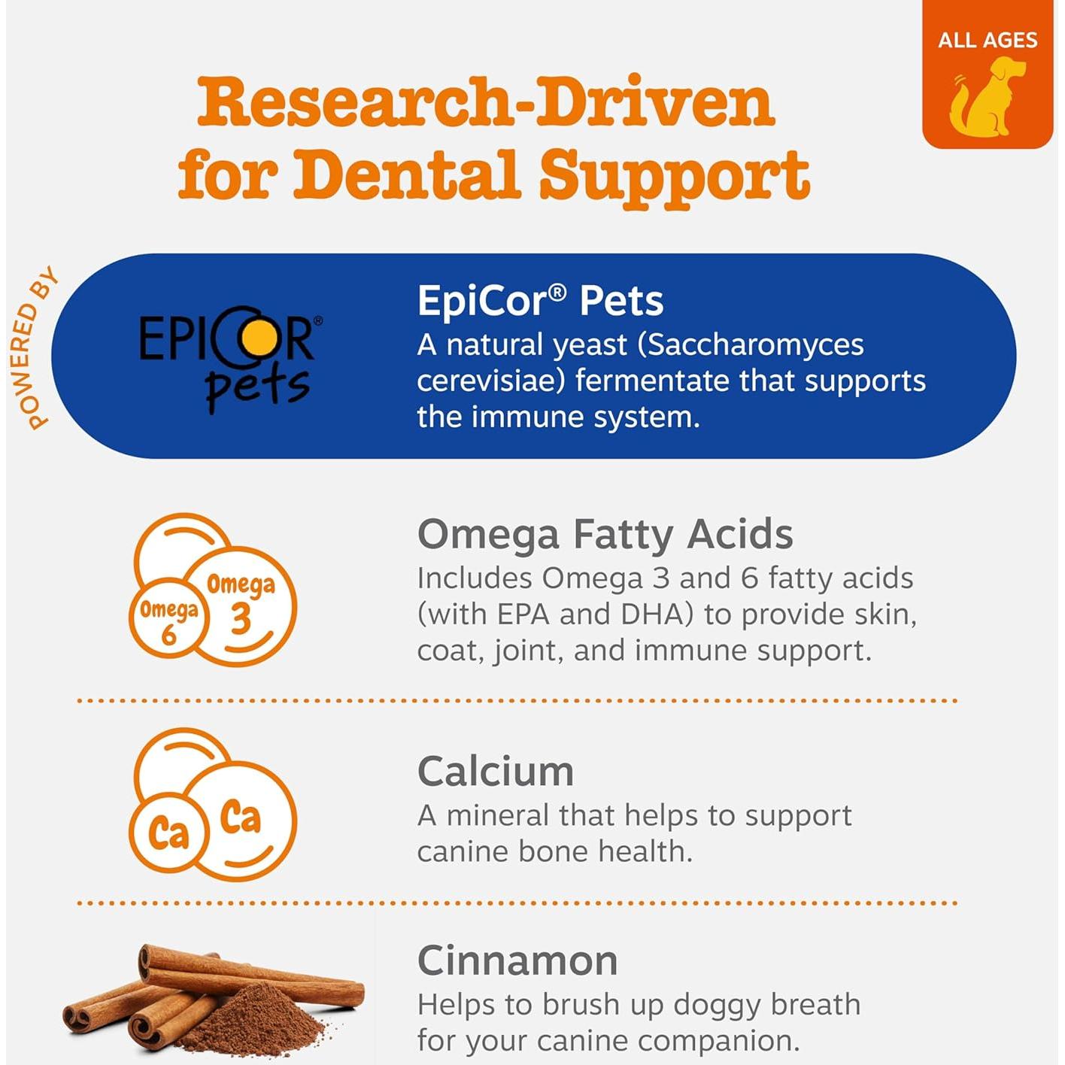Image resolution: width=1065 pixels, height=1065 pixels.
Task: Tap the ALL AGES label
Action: pos(987,41)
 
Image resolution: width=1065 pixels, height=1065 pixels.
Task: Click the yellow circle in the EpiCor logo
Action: pos(259,338)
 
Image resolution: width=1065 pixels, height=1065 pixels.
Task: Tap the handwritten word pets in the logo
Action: pos(258,387)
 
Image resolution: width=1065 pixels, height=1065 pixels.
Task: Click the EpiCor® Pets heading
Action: pos(540,301)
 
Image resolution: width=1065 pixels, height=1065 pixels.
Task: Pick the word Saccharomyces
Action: pos(751,346)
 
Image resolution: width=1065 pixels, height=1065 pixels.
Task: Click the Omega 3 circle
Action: pos(241,605)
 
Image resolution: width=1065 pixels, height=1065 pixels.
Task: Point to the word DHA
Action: pos(657,614)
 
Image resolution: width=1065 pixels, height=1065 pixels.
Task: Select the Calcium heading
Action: pos(496,772)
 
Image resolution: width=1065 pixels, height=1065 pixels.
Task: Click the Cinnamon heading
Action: pos(517,963)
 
